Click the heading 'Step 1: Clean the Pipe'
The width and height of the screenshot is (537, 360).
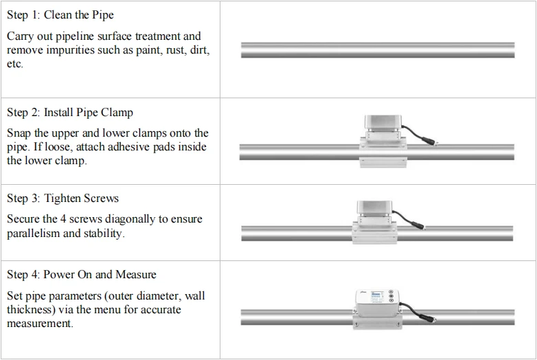click(x=60, y=14)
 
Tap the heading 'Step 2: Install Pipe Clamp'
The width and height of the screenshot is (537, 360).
click(x=70, y=113)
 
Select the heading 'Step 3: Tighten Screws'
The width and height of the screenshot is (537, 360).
click(x=62, y=199)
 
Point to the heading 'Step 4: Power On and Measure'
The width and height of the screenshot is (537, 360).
click(x=82, y=274)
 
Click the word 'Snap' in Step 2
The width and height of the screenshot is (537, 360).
click(x=19, y=133)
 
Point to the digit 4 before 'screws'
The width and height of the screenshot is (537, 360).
click(x=63, y=219)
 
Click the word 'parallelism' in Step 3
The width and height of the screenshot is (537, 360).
click(x=33, y=234)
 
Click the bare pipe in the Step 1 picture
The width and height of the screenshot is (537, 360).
click(x=378, y=50)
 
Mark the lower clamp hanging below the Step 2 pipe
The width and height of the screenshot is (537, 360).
click(x=383, y=163)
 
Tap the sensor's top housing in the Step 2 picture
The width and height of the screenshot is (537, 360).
click(x=382, y=122)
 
